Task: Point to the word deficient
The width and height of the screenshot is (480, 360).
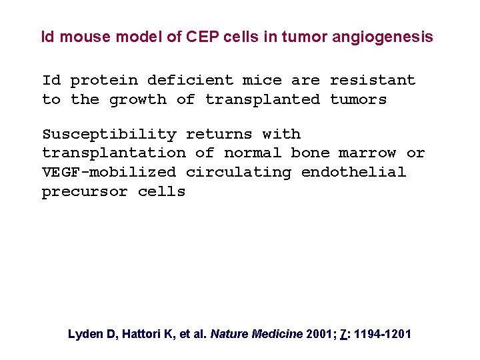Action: [x=190, y=81]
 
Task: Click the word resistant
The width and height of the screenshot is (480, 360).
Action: [x=372, y=81]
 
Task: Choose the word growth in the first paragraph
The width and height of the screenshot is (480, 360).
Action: [x=137, y=100]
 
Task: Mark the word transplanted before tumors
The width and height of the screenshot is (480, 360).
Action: [x=262, y=100]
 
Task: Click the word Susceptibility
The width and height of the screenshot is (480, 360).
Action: [x=109, y=134]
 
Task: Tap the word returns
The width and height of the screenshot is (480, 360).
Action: [x=219, y=134]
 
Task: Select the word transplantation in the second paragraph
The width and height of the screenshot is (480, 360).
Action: [x=113, y=153]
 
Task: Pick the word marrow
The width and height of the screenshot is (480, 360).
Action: [x=367, y=153]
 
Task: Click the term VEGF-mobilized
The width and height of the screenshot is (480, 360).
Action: [x=109, y=173]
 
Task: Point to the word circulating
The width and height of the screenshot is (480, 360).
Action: [x=238, y=173]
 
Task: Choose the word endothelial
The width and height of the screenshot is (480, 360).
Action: [x=353, y=173]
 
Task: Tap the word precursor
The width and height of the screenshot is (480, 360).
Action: [x=85, y=192]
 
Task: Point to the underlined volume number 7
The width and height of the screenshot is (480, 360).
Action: [x=343, y=334]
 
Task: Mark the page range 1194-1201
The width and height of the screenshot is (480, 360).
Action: [x=383, y=334]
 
